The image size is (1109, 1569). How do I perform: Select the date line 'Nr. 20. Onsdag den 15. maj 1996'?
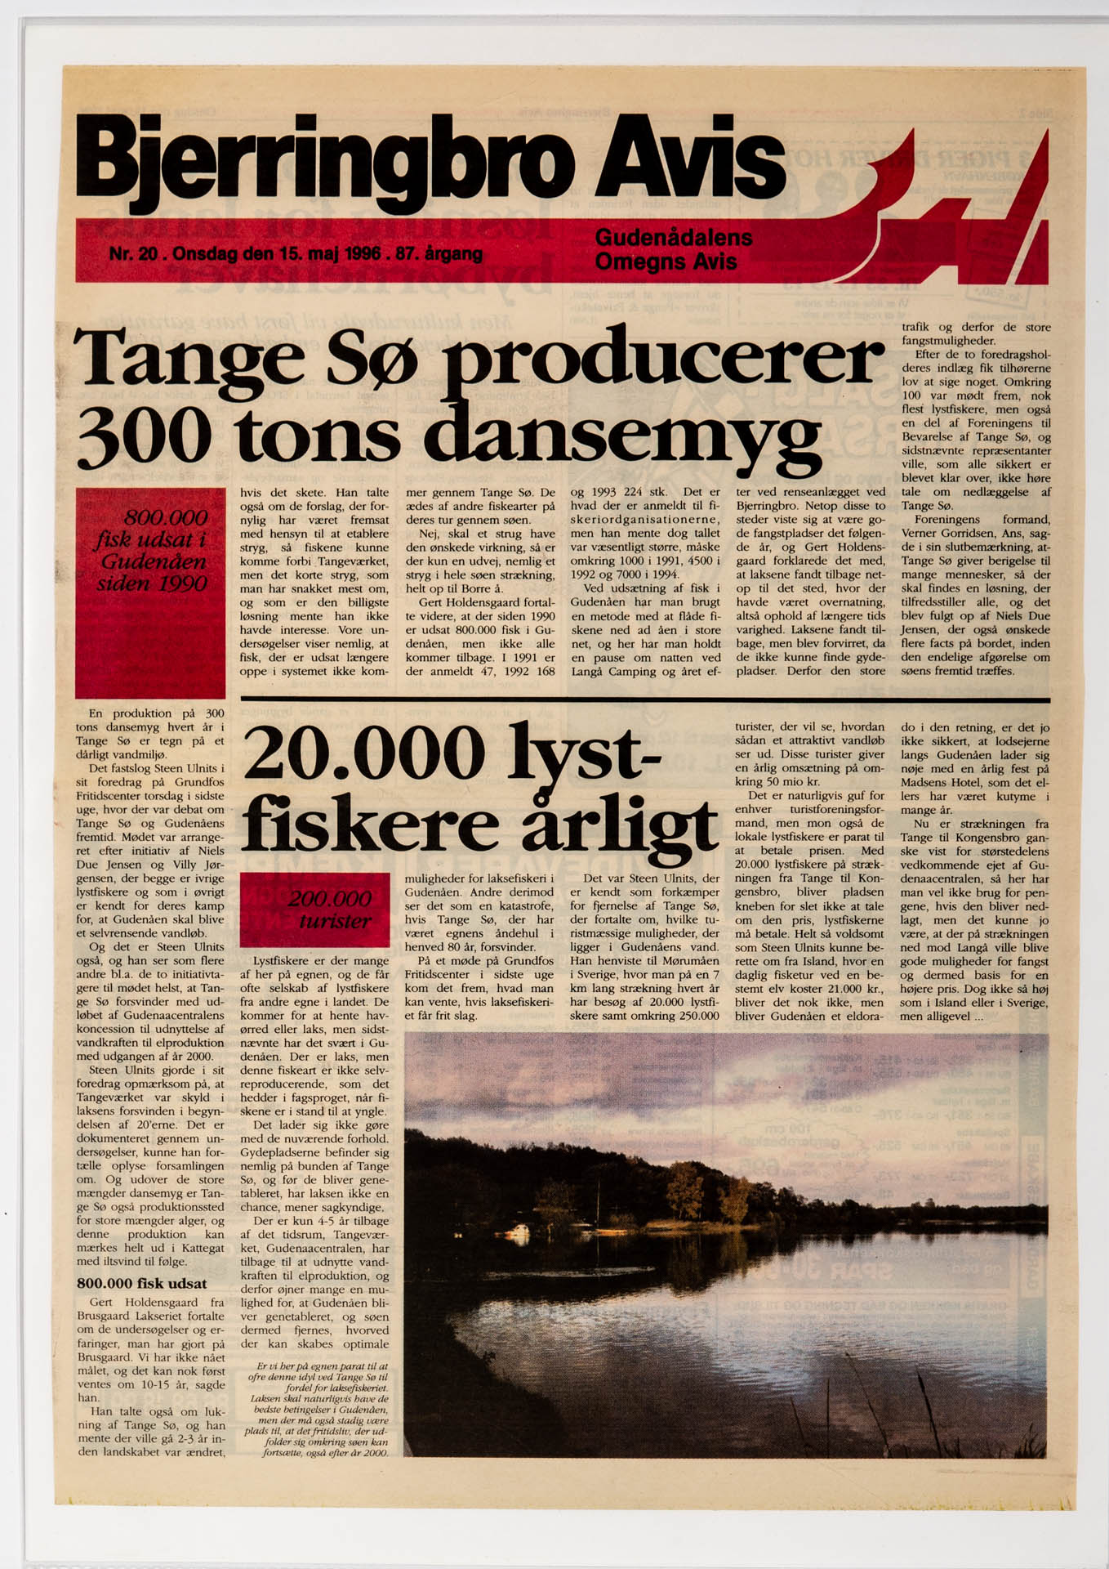[x=295, y=253]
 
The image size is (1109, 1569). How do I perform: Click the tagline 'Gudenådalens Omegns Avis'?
[x=674, y=249]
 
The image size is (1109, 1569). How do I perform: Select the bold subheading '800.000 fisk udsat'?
[x=141, y=1283]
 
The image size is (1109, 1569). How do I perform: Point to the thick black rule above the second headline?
[x=645, y=700]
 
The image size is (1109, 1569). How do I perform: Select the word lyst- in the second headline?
[x=584, y=752]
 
